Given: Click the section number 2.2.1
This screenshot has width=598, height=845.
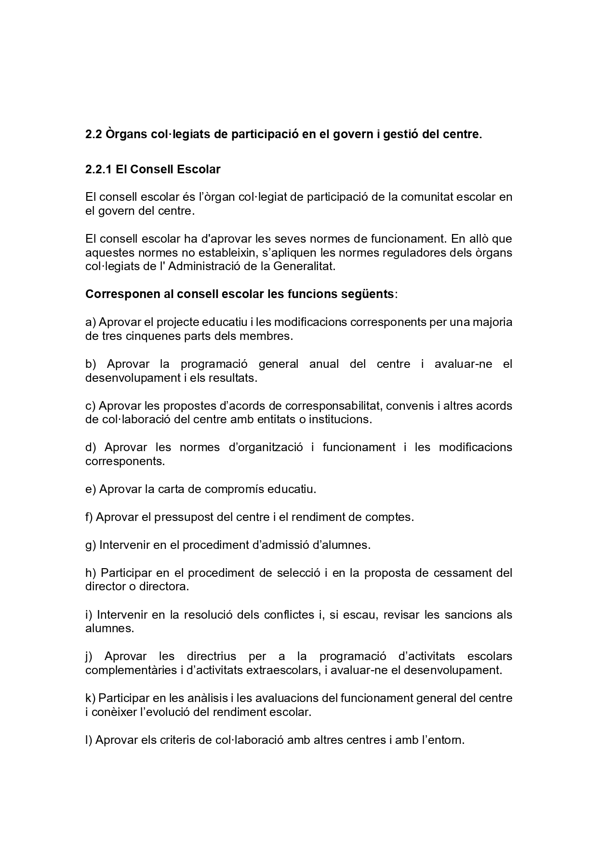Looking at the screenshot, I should (x=99, y=169).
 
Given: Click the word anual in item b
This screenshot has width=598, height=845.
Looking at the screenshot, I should (x=324, y=364).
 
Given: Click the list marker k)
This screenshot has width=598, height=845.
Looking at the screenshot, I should (x=91, y=698).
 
